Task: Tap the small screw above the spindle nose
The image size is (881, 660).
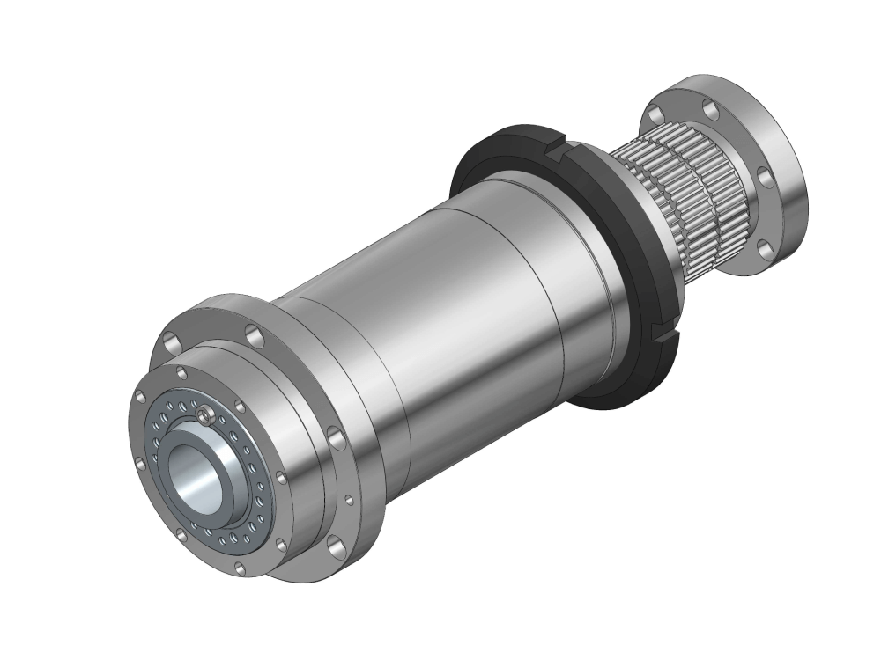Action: click(x=204, y=413)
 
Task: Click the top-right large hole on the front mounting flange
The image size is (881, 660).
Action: click(x=253, y=334)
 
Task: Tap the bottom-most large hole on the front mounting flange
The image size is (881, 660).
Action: click(x=334, y=545)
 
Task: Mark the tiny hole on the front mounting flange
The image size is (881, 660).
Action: click(x=350, y=501)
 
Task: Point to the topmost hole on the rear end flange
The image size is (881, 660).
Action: click(x=710, y=107)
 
